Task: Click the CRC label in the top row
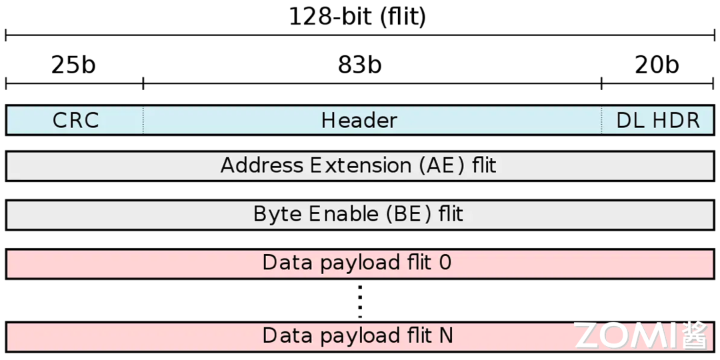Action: pos(76,121)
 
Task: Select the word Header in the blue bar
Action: pos(359,121)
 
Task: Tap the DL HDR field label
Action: pos(658,121)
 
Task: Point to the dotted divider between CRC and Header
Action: pos(143,120)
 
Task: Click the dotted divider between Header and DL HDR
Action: pos(601,120)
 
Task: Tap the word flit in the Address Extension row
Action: pos(484,165)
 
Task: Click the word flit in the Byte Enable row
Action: pos(451,214)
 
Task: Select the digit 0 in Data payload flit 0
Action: pos(445,263)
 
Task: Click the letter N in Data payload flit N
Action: pos(445,335)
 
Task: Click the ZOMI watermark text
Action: pos(625,335)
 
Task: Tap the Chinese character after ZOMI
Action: pos(695,335)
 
